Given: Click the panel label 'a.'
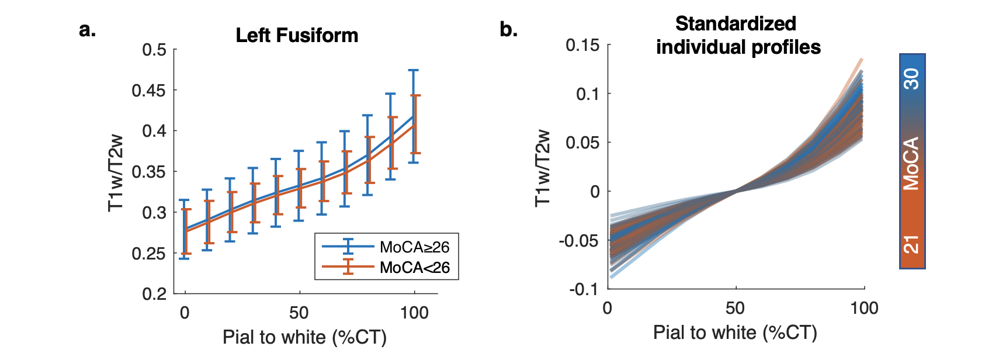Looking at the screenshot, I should point(87,29).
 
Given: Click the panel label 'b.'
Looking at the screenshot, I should point(508,29).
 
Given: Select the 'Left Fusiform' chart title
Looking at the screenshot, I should point(297,36).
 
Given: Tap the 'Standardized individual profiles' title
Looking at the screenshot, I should point(737,35).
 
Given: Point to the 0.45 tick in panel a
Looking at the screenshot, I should point(148,91).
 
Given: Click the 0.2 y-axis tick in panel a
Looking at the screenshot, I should point(154,294).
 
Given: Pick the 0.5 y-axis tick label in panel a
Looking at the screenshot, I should point(154,50).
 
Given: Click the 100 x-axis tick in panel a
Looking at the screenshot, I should point(414,313).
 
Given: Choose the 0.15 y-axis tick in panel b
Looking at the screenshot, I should point(582,45).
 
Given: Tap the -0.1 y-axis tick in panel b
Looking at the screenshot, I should point(584,289).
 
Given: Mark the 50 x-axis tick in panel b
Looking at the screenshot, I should point(735,308).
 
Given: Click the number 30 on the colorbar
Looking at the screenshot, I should point(911,79).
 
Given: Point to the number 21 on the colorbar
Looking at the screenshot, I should point(911,244).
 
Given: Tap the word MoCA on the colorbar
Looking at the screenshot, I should point(911,164).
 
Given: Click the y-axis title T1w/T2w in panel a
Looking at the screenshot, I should point(116,172).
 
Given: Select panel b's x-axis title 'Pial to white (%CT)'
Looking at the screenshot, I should point(735,333).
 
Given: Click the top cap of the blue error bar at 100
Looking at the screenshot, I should point(414,70).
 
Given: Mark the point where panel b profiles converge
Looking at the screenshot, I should point(736,191).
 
